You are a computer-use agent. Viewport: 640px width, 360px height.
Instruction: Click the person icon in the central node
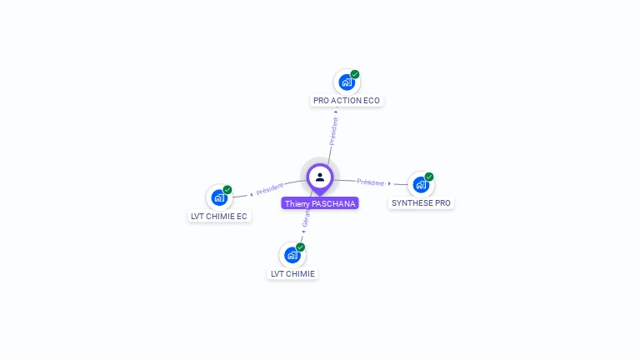coord(320,177)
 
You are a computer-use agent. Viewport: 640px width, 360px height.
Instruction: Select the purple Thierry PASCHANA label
coord(320,203)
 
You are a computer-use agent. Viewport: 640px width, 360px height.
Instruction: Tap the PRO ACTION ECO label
coord(347,101)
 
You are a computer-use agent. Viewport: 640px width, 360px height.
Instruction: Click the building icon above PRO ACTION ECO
coord(346,82)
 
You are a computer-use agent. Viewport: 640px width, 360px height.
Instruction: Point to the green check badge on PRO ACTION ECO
coord(355,74)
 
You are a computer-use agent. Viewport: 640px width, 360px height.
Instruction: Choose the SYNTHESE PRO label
coord(421,202)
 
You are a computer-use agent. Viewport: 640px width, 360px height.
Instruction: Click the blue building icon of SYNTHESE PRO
coord(421,184)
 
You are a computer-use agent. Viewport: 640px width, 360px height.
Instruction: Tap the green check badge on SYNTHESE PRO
coord(429,177)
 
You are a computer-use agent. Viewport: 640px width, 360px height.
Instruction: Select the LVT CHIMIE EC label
coord(219,217)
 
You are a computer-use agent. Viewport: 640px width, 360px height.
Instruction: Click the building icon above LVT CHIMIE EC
coord(218,197)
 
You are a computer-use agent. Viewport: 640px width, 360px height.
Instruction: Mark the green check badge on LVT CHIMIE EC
coord(227,190)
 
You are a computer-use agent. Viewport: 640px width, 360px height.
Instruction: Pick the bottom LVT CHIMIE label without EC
coord(292,273)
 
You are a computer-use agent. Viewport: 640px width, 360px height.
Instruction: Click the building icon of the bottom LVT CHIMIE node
coord(292,255)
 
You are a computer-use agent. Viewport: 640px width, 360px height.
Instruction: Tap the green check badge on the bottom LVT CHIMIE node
coord(301,247)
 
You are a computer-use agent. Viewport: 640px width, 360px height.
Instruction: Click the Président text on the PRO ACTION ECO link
coord(333,131)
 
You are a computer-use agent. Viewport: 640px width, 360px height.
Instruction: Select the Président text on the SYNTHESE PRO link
coord(371,182)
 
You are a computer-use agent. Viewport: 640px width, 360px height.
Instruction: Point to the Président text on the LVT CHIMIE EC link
coord(270,189)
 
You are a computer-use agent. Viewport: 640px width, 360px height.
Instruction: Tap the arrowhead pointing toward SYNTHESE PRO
coord(389,183)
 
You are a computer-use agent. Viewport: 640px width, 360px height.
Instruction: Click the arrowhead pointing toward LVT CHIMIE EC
coord(252,194)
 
